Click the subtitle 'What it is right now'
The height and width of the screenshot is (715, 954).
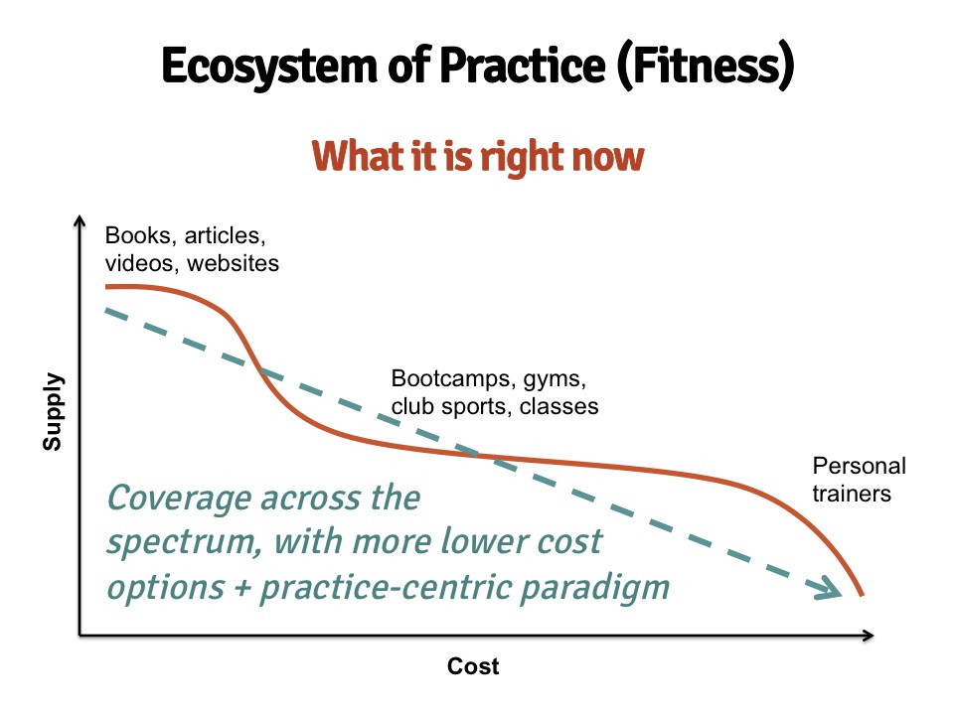point(478,157)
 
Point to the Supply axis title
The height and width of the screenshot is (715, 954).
point(53,411)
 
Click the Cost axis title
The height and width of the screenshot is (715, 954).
point(473,666)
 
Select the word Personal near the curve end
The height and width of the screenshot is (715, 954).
point(860,466)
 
